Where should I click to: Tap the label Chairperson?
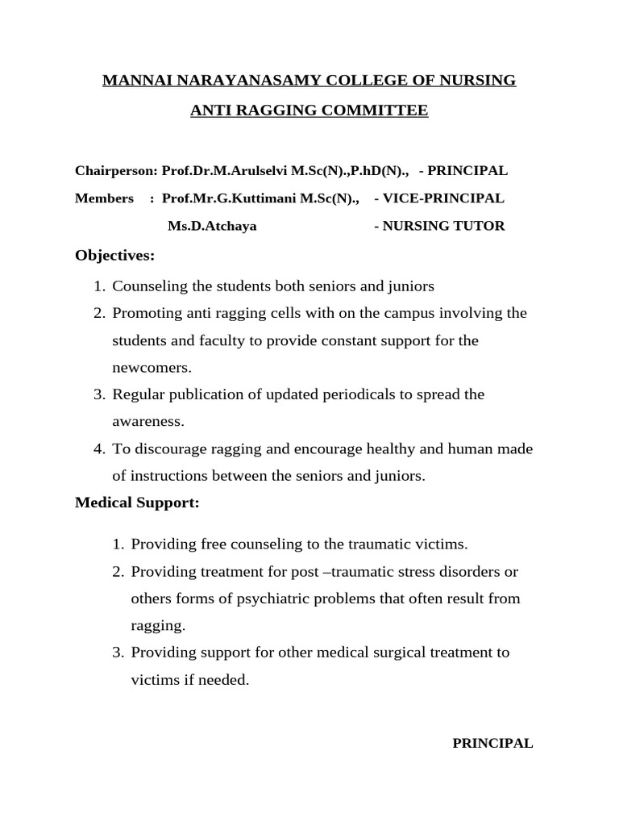(x=116, y=171)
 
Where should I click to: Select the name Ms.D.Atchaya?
(x=212, y=227)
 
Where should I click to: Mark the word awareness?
(x=147, y=422)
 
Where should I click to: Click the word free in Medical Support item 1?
(x=207, y=544)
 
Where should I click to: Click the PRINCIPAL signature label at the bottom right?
(x=492, y=744)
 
